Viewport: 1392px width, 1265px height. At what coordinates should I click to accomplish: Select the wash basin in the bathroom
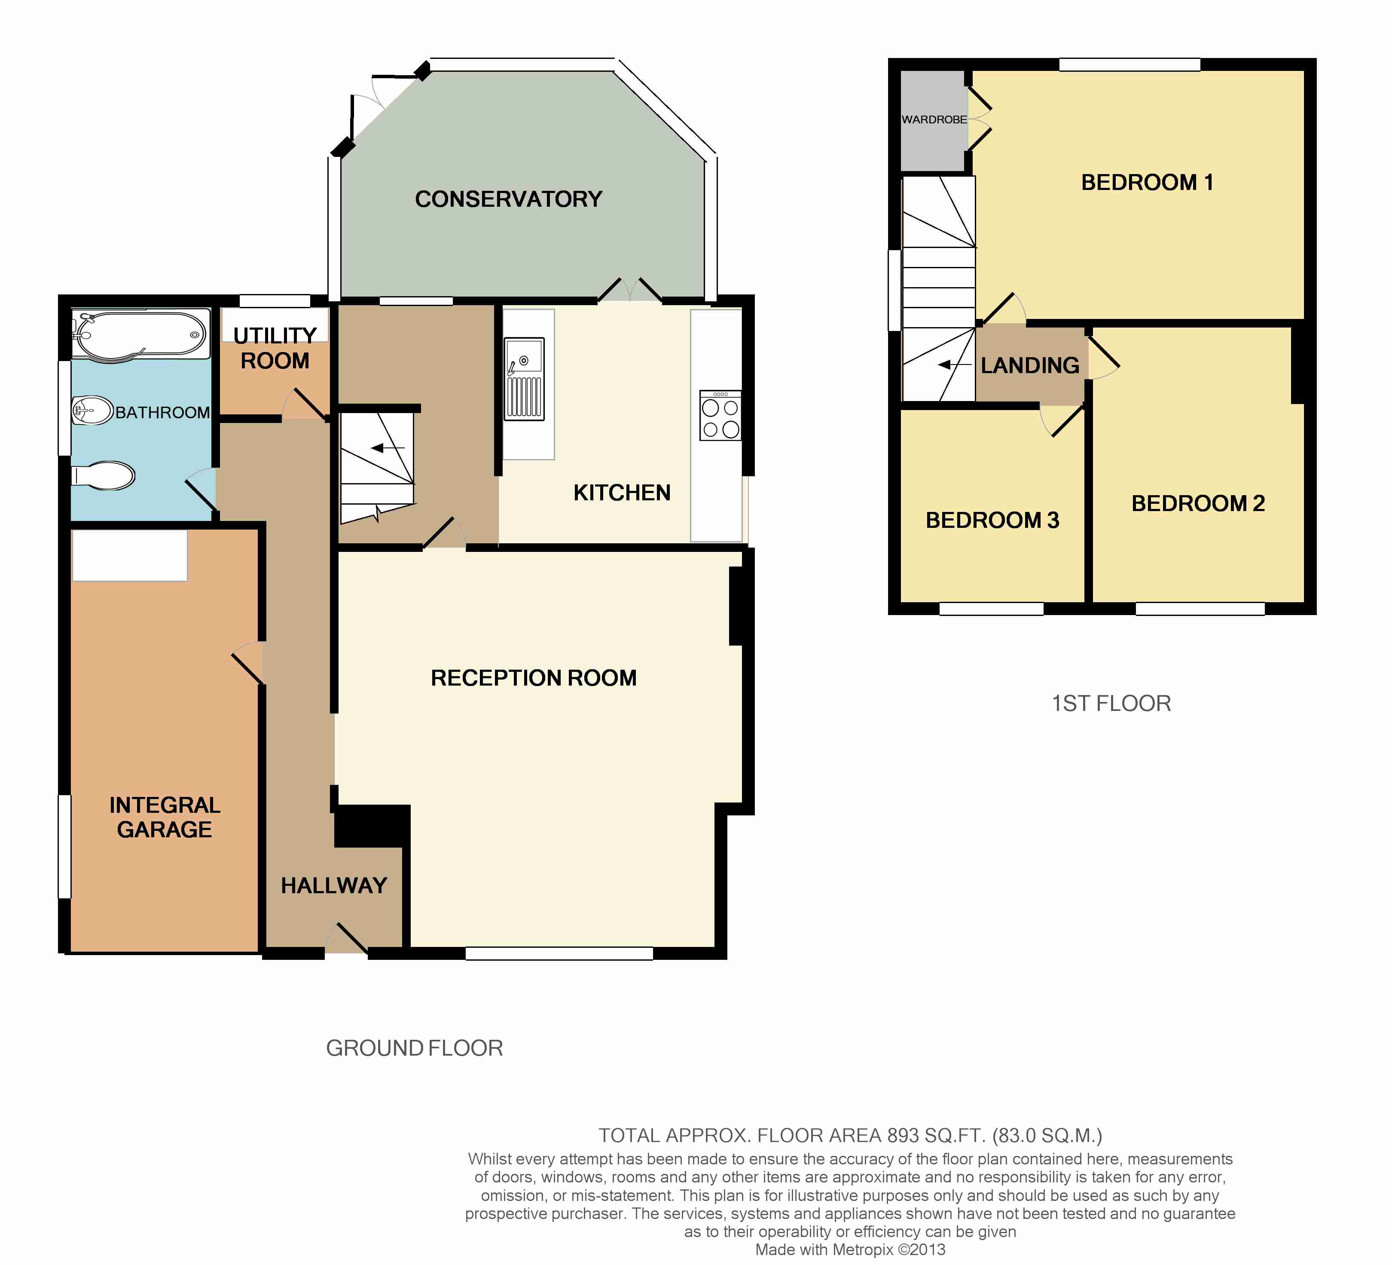pos(92,410)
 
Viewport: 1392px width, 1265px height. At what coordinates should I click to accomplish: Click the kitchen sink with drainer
pos(524,379)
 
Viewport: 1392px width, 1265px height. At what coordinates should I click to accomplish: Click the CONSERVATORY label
pos(509,199)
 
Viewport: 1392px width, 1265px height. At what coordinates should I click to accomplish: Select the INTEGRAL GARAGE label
pos(165,817)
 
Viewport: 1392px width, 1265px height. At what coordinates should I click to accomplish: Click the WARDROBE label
pos(934,119)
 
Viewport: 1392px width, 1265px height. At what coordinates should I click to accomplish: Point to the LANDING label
pos(1030,365)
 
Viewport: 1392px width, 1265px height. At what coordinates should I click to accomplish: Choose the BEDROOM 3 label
pos(992,520)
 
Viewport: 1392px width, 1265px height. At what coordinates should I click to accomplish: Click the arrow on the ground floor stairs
pos(388,448)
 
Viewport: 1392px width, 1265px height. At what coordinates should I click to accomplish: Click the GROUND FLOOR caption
pos(414,1048)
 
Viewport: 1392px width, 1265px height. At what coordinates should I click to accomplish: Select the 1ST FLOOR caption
pos(1111,703)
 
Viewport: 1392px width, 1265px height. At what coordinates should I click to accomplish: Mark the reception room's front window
pos(559,953)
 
